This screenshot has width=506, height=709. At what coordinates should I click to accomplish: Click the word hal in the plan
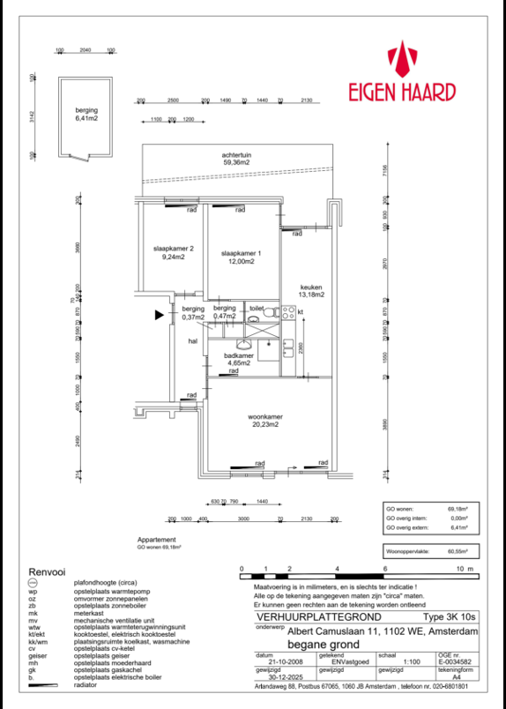[x=192, y=340]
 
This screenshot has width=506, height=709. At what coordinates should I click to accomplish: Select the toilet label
[x=256, y=309]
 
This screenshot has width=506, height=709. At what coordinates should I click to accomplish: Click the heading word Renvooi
[x=48, y=571]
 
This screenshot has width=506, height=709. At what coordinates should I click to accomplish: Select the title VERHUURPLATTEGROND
[x=302, y=618]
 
